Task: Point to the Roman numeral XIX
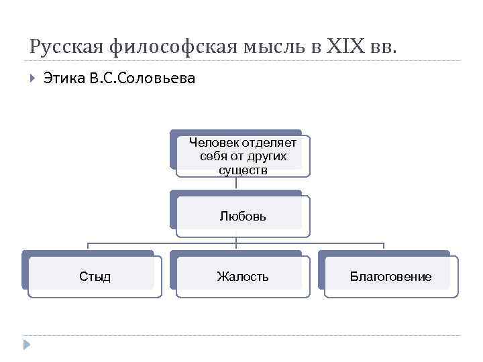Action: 345,47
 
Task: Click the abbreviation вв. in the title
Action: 385,47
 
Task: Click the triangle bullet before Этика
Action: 32,79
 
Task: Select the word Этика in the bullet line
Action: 64,79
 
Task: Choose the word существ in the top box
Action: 243,170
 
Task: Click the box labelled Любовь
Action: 243,216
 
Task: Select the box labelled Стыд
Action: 95,276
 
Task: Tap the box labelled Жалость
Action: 243,276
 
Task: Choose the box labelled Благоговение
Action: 390,276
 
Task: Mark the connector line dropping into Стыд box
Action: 88,246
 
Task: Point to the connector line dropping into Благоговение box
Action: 384,246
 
